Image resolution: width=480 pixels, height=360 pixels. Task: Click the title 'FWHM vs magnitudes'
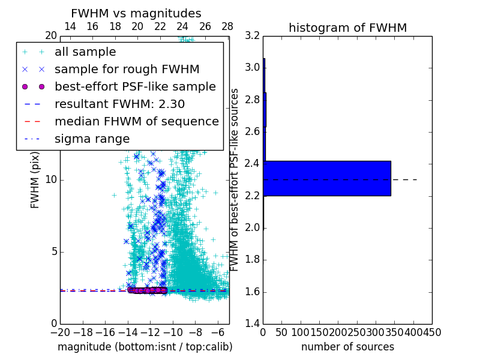point(136,14)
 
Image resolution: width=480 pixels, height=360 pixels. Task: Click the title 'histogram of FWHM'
point(347,28)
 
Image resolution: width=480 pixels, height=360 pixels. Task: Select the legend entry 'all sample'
point(85,52)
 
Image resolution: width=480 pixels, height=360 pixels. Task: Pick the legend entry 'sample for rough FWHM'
point(127,69)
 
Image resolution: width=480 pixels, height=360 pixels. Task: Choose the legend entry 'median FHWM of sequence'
point(137,121)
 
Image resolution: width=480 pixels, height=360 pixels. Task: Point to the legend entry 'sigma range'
point(92,139)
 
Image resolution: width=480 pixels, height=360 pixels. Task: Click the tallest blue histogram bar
point(327,178)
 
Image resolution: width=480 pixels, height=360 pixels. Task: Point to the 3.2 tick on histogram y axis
point(253,35)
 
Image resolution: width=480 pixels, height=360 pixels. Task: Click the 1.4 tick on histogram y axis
point(253,323)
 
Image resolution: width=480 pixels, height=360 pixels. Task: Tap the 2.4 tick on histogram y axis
point(253,164)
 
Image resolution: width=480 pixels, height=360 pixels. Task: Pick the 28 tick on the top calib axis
point(227,26)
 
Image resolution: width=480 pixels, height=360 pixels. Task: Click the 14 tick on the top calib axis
point(70,26)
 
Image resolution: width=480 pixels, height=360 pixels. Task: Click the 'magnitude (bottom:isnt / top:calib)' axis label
point(145,347)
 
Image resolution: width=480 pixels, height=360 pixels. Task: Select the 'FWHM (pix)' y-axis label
point(35,181)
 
